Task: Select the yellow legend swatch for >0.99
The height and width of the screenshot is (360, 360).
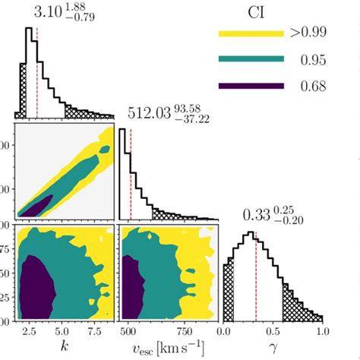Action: [251, 33]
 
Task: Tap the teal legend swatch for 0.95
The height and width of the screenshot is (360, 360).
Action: [251, 59]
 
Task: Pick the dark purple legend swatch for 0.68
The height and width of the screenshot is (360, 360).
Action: [251, 85]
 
